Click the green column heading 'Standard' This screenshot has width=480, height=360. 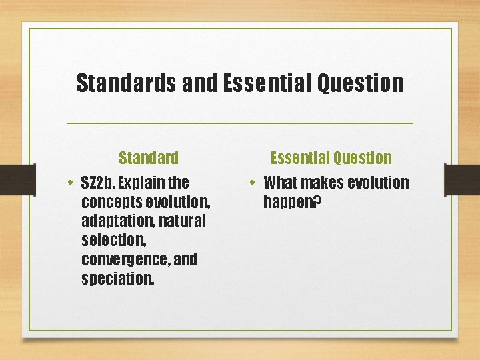(x=149, y=158)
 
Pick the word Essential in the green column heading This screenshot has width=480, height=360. (x=299, y=158)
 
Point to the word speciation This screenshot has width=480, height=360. (x=117, y=279)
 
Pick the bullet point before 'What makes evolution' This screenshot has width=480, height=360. (x=254, y=183)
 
